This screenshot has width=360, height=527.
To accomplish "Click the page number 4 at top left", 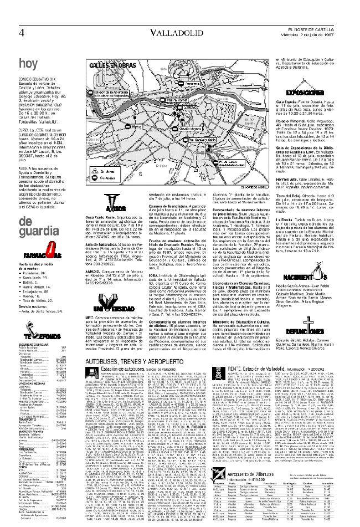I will pos(21,33).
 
